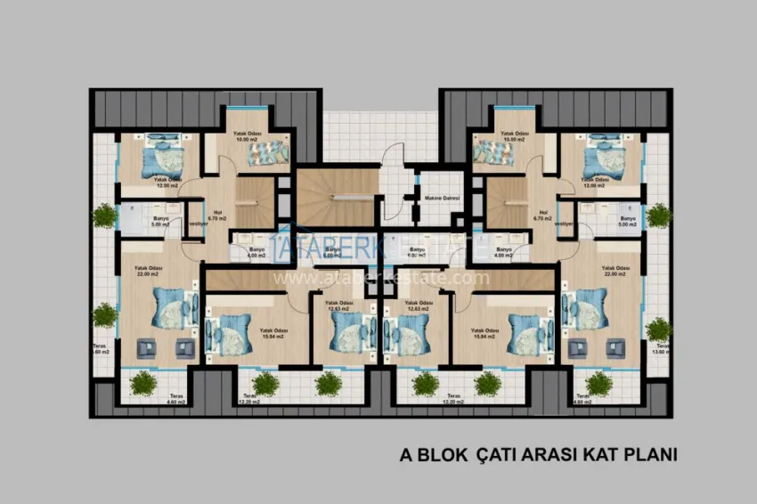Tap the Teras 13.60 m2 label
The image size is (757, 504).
click(x=659, y=349)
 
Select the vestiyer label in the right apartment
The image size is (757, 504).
click(x=563, y=224)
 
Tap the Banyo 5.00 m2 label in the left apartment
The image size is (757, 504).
click(x=161, y=222)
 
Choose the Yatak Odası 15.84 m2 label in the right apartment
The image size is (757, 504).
click(x=484, y=333)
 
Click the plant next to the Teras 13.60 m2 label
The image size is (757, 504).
click(x=658, y=329)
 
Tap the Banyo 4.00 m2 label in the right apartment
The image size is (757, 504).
click(x=504, y=253)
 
